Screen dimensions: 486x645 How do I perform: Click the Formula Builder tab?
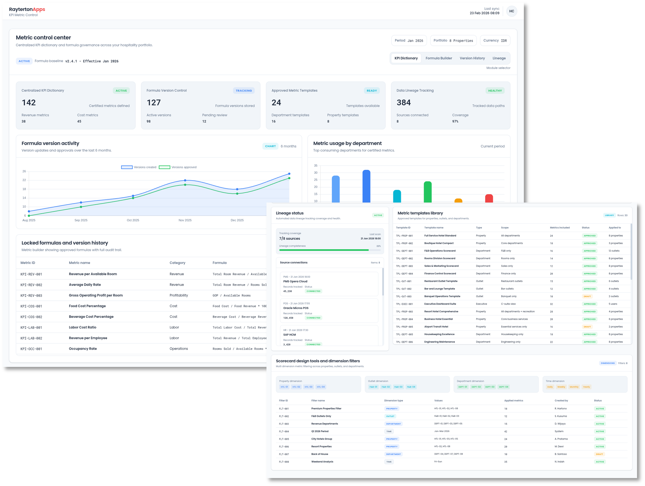coord(438,58)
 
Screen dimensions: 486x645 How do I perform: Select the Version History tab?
coord(472,58)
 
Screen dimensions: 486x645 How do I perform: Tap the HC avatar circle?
coord(511,11)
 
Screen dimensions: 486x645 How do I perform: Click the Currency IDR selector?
coord(495,41)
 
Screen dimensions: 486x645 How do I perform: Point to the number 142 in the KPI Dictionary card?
coord(29,103)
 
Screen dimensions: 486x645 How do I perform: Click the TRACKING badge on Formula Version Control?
coord(243,91)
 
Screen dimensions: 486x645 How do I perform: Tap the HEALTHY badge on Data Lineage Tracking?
coord(495,91)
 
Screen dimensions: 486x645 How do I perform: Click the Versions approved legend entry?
coord(178,167)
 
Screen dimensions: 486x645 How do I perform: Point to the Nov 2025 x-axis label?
coord(185,220)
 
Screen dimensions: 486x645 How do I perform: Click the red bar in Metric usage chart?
coord(489,198)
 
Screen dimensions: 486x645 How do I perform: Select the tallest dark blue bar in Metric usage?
coord(366,187)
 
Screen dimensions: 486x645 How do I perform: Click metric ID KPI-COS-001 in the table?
coord(31,306)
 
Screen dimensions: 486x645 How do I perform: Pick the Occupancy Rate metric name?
coord(83,349)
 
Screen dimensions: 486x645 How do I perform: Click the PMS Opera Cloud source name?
coord(295,282)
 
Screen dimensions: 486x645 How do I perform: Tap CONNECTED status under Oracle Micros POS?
coord(313,318)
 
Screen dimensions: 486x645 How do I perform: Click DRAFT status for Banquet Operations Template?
coord(587,297)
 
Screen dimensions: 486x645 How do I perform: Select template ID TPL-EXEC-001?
coord(404,304)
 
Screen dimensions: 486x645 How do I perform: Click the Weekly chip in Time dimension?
coord(561,387)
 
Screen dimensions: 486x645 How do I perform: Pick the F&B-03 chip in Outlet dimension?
coord(398,387)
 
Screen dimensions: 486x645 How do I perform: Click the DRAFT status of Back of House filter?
coord(599,454)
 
